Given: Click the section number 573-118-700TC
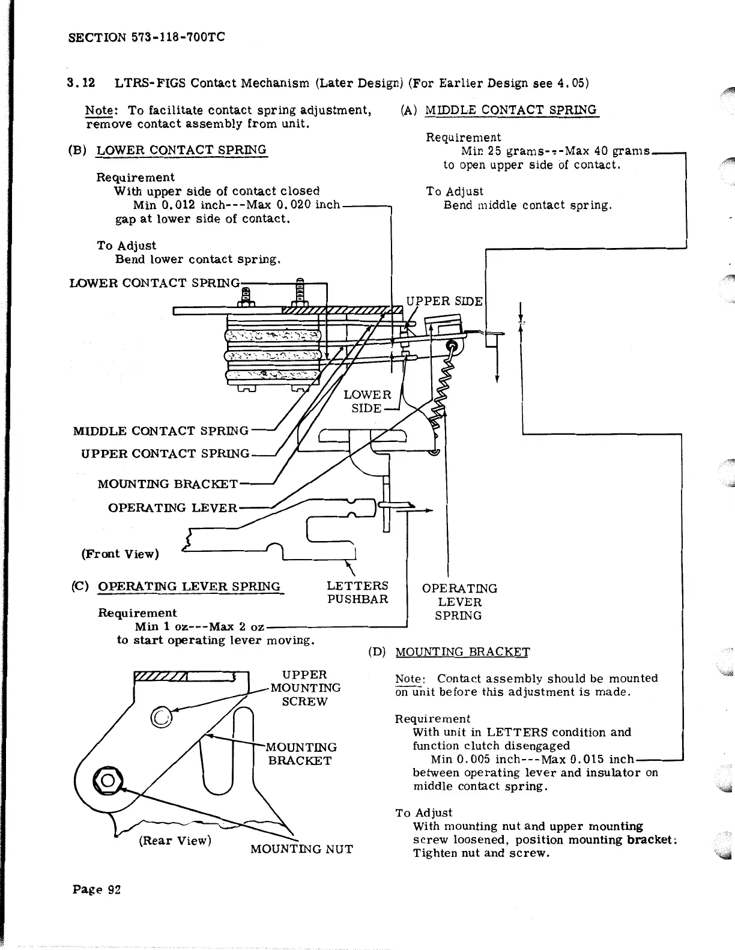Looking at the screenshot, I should pyautogui.click(x=178, y=38).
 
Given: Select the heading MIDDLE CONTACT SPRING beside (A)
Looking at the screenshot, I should pyautogui.click(x=510, y=110).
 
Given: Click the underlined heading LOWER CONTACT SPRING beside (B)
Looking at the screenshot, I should pyautogui.click(x=181, y=150).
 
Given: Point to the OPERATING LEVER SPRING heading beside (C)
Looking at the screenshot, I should pyautogui.click(x=189, y=587).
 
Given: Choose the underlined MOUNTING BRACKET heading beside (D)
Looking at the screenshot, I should pyautogui.click(x=463, y=652).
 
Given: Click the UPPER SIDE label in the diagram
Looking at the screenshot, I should pyautogui.click(x=444, y=301).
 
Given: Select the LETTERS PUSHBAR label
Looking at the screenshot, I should pyautogui.click(x=357, y=592).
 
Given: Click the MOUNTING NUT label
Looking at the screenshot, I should pyautogui.click(x=301, y=849).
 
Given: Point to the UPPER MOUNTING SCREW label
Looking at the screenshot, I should pyautogui.click(x=305, y=688).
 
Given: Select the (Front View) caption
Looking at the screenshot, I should pyautogui.click(x=120, y=554).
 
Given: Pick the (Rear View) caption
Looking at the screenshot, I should pyautogui.click(x=175, y=840).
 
